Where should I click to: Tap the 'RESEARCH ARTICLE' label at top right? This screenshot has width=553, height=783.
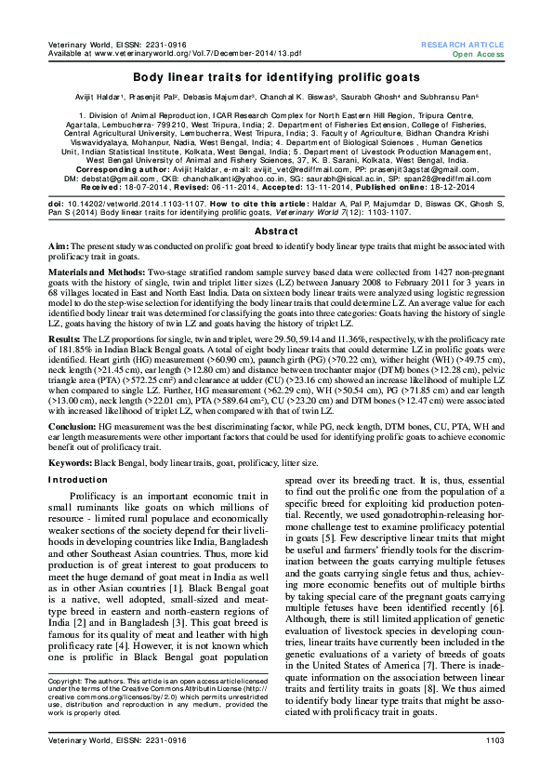(x=462, y=45)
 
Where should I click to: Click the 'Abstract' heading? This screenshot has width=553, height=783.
(x=276, y=230)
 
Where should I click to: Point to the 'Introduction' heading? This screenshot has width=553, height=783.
(x=77, y=479)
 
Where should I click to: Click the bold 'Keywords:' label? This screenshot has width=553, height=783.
(x=69, y=461)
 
